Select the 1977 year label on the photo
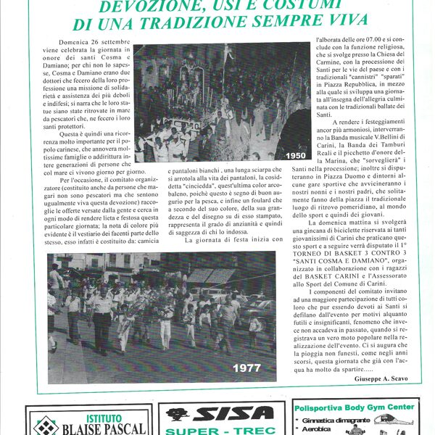(246, 368)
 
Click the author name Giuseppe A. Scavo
(387, 379)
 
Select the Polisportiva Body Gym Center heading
(355, 407)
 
